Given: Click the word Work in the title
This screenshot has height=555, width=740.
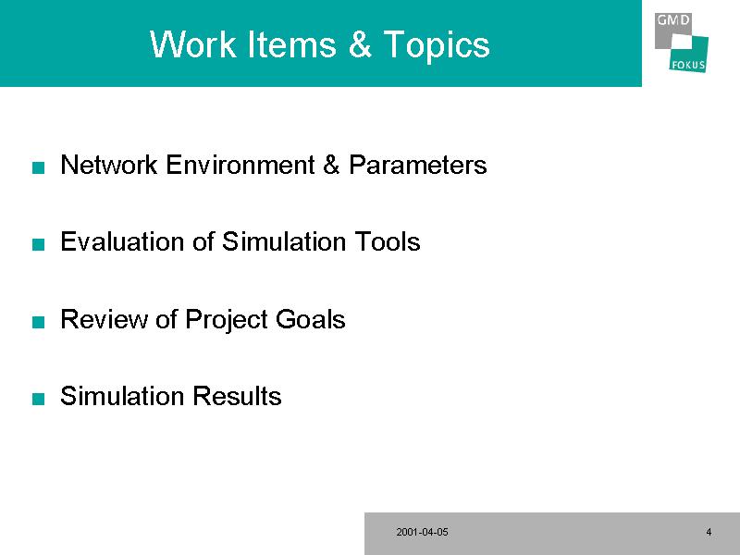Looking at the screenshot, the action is [193, 44].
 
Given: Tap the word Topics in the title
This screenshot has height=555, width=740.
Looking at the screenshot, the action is [437, 45].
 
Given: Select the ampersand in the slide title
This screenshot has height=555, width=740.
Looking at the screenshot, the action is [360, 44].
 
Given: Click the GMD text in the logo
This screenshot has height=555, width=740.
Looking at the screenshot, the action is [673, 19].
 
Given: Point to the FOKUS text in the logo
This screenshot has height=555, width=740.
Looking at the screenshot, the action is [688, 65].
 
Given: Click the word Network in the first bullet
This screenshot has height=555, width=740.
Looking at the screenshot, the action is [109, 165].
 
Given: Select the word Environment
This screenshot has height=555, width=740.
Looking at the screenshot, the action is [240, 165].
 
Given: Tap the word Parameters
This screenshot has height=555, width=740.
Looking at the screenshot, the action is [418, 165].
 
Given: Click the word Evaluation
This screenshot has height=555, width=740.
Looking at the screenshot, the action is [122, 241].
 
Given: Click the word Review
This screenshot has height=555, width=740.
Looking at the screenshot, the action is [104, 318].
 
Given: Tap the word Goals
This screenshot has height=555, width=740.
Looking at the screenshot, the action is [311, 318].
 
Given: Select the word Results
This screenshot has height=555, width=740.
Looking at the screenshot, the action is [237, 396].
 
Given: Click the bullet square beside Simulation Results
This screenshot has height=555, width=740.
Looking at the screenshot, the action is [38, 399].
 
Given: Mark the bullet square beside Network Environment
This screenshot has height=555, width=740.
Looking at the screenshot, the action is [38, 167].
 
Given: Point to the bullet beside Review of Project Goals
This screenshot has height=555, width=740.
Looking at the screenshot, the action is [38, 322].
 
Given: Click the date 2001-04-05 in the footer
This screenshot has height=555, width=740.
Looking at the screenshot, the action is [423, 532].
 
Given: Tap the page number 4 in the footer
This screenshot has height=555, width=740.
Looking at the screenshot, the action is [709, 532].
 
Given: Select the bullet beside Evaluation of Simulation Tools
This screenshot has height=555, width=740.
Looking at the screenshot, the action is [38, 244].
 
